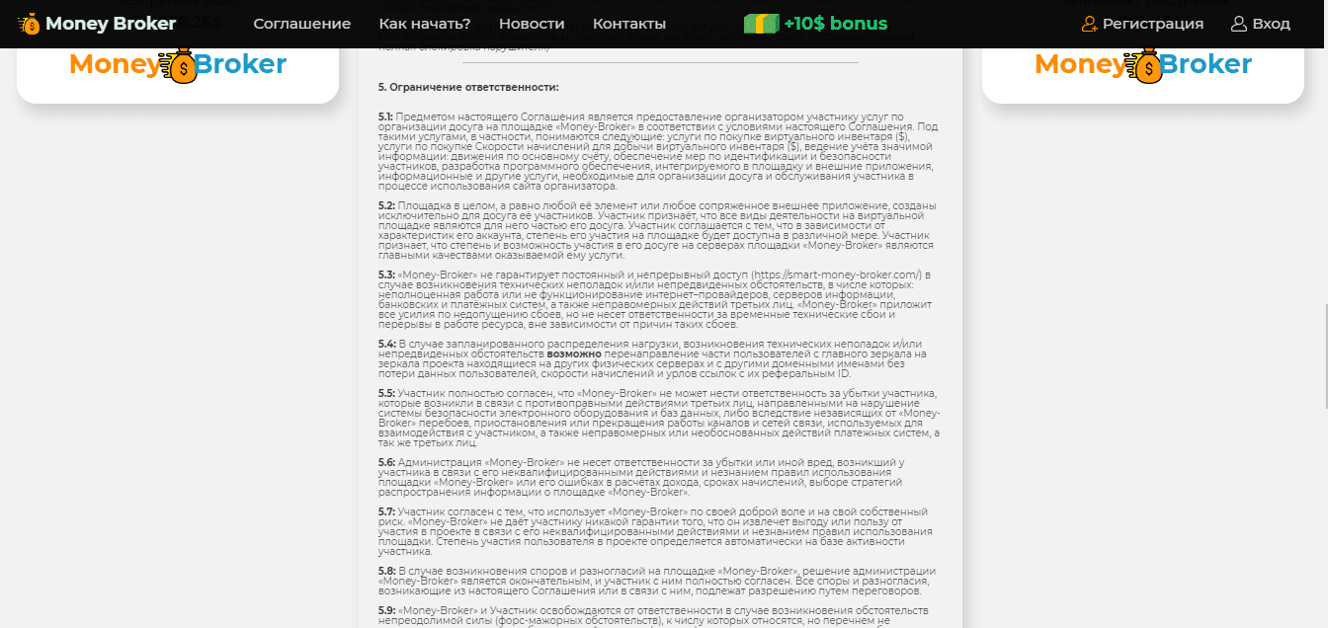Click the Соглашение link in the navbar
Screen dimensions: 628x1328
tap(301, 24)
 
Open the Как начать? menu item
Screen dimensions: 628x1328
tap(425, 24)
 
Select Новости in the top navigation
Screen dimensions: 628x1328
tap(532, 24)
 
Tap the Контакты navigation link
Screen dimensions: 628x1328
tap(629, 24)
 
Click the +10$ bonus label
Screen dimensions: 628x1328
tap(835, 24)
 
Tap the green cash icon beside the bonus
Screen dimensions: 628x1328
tap(761, 24)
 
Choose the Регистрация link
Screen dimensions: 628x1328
tap(1152, 24)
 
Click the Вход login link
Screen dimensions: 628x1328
tap(1271, 24)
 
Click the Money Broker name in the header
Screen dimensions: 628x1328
tap(111, 24)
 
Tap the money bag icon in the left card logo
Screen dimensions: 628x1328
tap(179, 66)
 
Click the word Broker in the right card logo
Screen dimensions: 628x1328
tap(1207, 64)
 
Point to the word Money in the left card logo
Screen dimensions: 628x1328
tap(114, 64)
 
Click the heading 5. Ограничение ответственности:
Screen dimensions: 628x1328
tap(468, 87)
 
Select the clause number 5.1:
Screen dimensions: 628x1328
tap(385, 117)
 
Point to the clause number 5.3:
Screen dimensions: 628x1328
tap(386, 275)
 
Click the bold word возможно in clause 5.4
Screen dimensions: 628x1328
tap(574, 353)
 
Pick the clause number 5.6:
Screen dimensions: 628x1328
tap(386, 462)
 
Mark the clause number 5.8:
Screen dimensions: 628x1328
tap(386, 571)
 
